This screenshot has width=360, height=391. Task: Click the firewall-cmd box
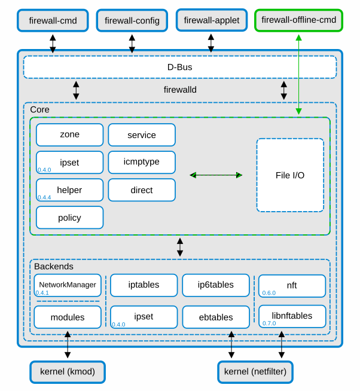(53, 20)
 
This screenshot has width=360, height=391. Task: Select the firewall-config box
(132, 20)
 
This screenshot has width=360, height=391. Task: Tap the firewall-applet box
(211, 20)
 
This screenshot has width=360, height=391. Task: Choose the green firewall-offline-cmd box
(298, 20)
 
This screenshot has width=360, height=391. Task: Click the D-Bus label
(179, 67)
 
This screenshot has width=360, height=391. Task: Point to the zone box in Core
(69, 135)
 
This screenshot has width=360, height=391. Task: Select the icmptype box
(142, 162)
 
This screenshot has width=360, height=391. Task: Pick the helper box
(69, 190)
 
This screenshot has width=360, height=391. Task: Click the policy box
(69, 218)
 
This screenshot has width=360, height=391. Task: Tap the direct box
(142, 190)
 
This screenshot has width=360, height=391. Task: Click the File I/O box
(290, 175)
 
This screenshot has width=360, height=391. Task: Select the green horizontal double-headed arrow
(216, 175)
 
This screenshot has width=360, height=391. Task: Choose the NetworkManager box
(68, 285)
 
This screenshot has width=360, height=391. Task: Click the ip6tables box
(216, 285)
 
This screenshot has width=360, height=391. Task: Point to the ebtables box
(216, 317)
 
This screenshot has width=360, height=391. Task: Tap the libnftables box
(292, 316)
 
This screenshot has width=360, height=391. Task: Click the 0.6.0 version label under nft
(269, 293)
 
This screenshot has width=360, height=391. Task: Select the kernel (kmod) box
(68, 372)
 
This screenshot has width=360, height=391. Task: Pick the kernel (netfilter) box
(255, 372)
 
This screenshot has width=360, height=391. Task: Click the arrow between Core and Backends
(180, 247)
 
